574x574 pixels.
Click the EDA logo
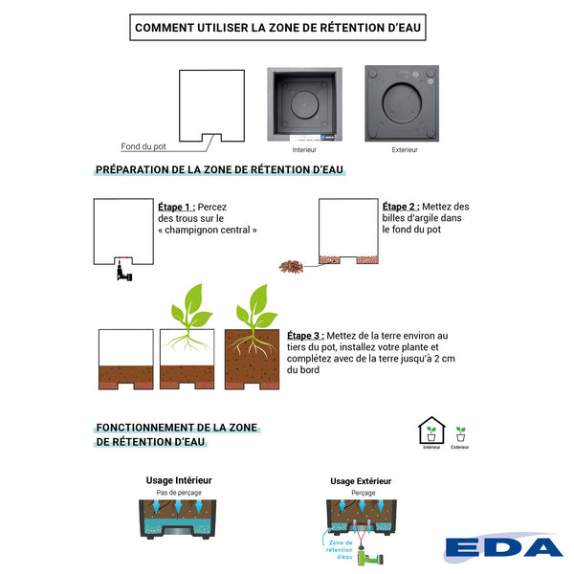click(x=504, y=548)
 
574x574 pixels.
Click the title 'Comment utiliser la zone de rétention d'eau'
click(x=277, y=28)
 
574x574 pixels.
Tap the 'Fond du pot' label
click(x=143, y=146)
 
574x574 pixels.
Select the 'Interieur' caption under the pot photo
click(x=304, y=150)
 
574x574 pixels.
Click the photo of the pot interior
click(x=304, y=104)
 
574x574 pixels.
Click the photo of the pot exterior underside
click(x=402, y=103)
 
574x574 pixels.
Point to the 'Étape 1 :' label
click(x=177, y=207)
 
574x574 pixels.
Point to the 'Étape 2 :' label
click(x=400, y=207)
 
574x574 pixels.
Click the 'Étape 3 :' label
click(x=305, y=336)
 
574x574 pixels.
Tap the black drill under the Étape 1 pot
click(x=121, y=273)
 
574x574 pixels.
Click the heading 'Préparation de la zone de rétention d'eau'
click(x=220, y=169)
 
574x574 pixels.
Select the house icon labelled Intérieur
click(x=431, y=430)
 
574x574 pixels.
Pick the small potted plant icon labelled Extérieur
click(x=460, y=432)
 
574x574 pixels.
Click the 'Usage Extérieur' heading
click(x=361, y=481)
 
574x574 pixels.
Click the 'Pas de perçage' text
click(x=179, y=493)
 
